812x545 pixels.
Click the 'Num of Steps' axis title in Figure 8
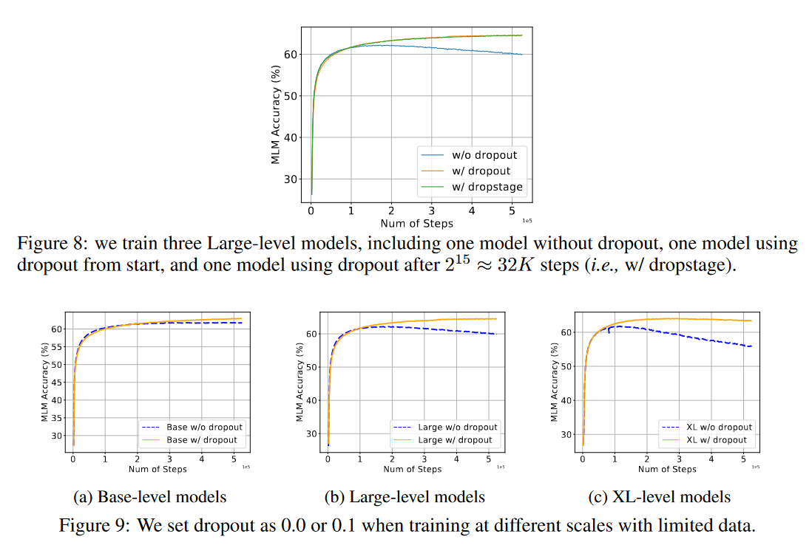[416, 223]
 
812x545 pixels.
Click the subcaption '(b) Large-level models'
[405, 496]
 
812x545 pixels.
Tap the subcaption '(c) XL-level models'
[659, 496]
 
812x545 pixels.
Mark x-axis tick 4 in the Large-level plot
[456, 459]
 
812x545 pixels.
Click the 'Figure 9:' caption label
[87, 526]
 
